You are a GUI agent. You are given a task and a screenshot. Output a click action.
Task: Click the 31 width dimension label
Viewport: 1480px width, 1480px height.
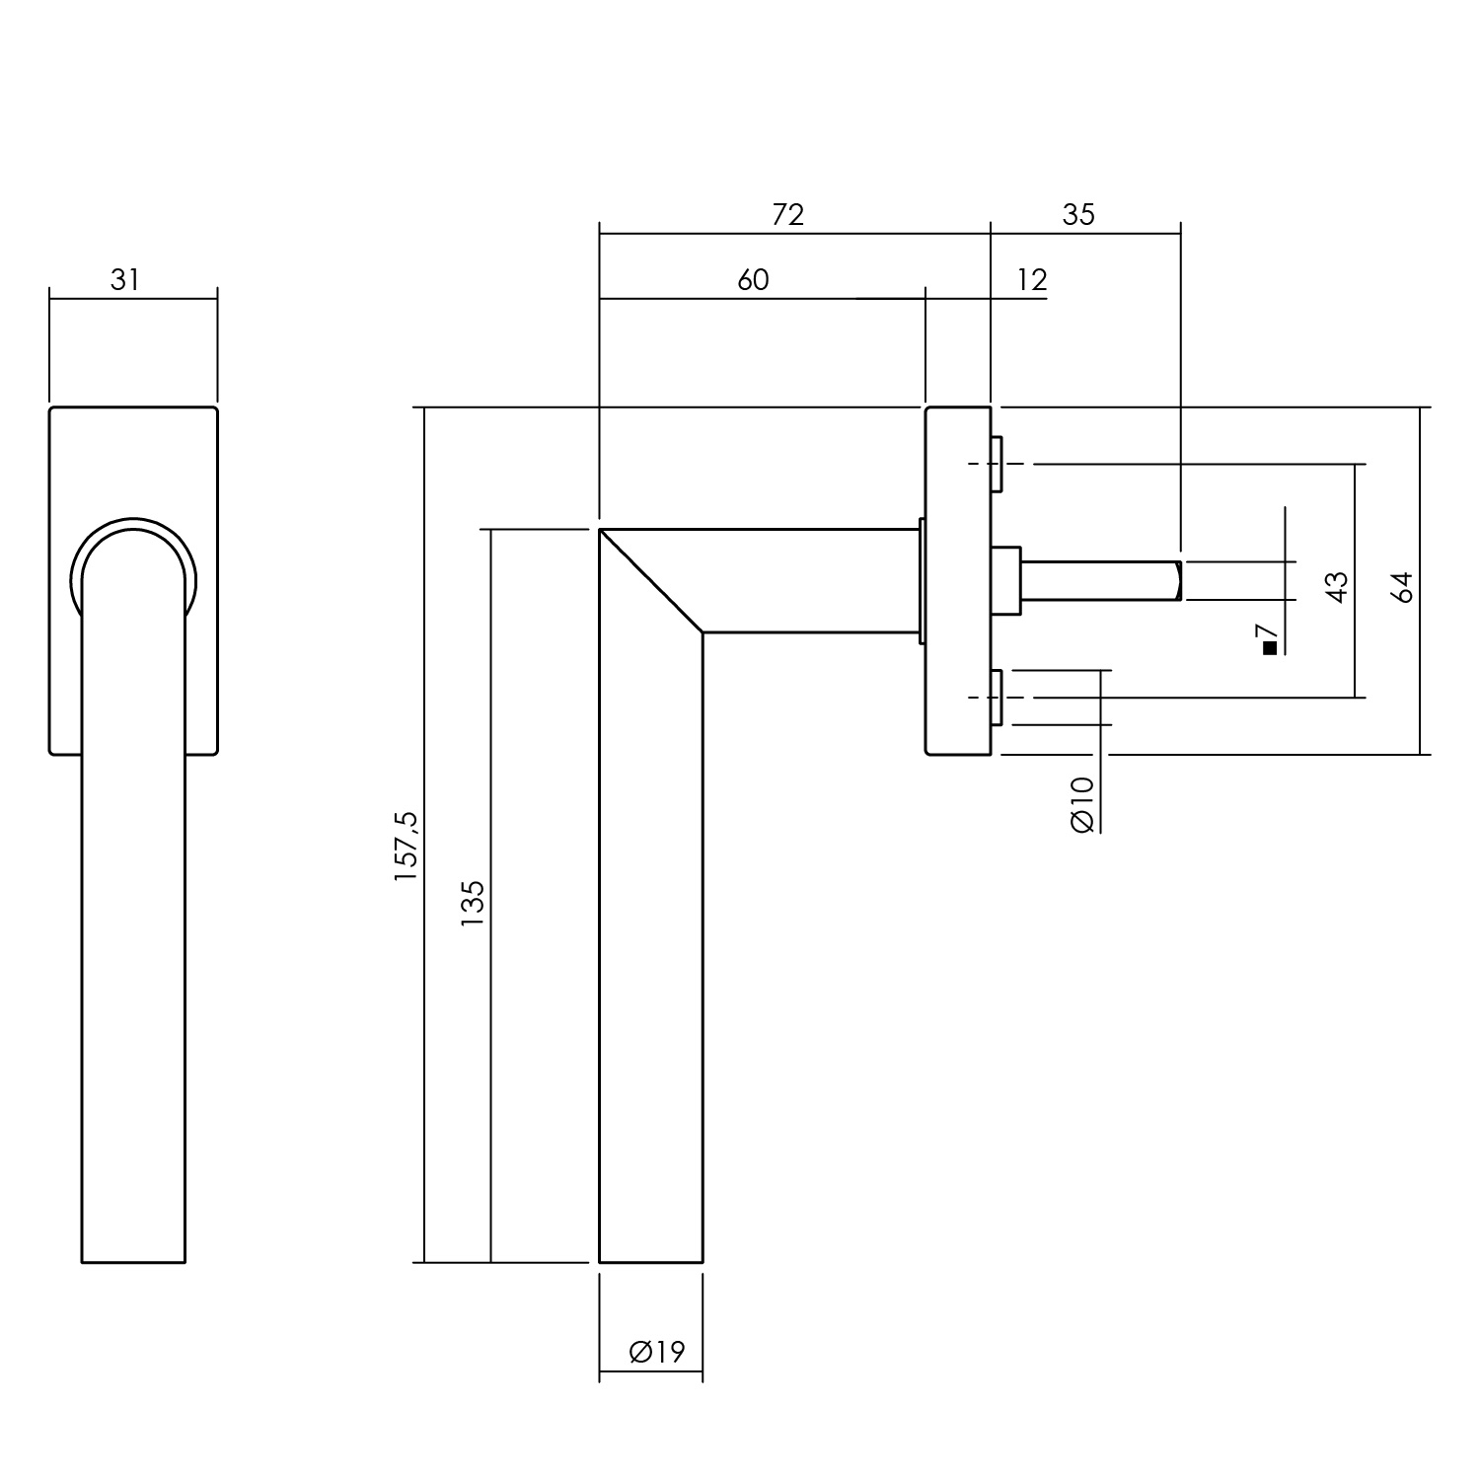point(125,280)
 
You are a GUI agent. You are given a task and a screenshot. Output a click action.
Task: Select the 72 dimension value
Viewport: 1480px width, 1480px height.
point(788,214)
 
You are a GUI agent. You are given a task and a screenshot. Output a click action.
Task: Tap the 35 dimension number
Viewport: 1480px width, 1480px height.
point(1078,214)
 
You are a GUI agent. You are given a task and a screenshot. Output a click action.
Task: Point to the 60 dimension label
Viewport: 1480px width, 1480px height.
point(753,280)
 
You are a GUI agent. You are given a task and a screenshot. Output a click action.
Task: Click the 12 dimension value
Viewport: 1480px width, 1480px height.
point(1031,280)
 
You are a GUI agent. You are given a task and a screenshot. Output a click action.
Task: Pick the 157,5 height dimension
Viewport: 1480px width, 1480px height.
point(407,846)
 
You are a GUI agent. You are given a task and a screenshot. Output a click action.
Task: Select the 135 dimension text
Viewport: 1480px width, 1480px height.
point(473,903)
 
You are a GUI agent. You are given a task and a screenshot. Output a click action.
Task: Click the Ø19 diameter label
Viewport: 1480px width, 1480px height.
point(656,1352)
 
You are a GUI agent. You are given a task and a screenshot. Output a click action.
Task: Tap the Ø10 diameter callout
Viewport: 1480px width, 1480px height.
point(1082,804)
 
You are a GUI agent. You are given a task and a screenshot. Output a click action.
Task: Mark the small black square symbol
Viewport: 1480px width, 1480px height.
point(1270,648)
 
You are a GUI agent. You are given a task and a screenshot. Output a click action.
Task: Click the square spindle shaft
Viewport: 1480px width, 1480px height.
point(1100,580)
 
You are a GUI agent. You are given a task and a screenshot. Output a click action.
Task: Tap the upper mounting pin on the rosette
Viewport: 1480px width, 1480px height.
point(998,464)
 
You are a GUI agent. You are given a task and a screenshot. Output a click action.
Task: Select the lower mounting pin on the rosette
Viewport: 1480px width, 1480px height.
point(998,697)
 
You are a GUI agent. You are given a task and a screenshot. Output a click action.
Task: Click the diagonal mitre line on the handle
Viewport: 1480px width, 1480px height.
point(652,581)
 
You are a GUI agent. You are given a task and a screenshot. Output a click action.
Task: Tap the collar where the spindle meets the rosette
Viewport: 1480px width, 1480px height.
point(1006,580)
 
